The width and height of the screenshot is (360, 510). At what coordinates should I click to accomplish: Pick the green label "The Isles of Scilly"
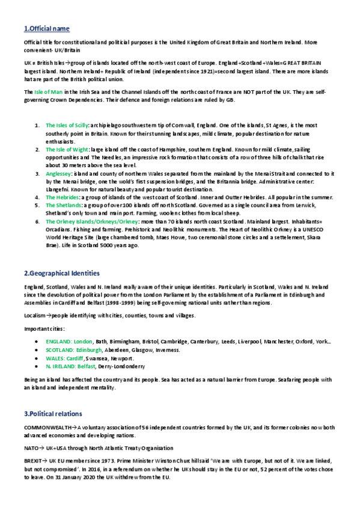tap(67, 125)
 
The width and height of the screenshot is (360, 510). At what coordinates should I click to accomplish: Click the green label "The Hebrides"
tap(62, 197)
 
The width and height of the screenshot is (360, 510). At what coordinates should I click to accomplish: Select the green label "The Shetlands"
tap(63, 204)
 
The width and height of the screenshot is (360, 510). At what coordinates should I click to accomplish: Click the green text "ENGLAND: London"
tap(69, 341)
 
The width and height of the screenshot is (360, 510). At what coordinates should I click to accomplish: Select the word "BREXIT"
tap(32, 459)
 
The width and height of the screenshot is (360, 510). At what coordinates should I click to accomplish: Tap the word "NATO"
tap(31, 447)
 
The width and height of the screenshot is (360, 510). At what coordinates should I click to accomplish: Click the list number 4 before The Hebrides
tap(38, 197)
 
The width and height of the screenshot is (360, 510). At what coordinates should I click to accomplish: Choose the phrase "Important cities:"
tap(44, 328)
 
